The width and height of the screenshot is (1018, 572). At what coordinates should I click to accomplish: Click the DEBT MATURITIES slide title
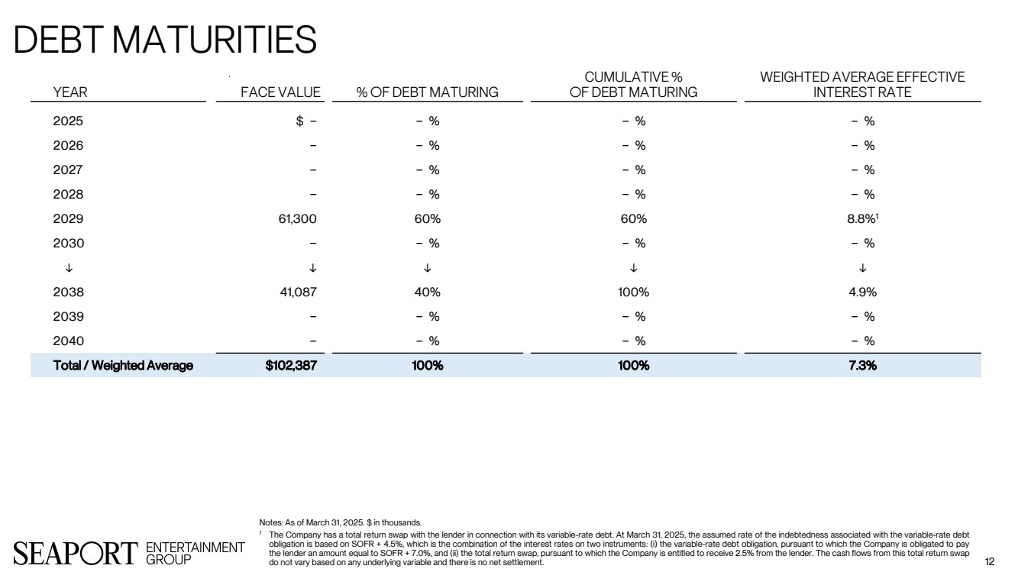point(165,40)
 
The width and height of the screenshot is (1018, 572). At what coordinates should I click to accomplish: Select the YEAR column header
point(70,92)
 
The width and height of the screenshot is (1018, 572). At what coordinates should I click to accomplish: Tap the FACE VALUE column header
point(280,92)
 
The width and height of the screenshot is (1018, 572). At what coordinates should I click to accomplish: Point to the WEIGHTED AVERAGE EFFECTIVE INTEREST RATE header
point(862,85)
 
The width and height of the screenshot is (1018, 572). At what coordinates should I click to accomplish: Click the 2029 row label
point(68,219)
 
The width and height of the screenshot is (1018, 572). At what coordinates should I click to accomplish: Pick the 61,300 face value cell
point(296,219)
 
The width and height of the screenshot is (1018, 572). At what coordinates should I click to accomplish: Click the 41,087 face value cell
point(296,292)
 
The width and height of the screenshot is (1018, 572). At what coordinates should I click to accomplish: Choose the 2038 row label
point(68,292)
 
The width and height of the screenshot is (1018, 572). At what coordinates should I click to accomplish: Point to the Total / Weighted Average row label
point(123,365)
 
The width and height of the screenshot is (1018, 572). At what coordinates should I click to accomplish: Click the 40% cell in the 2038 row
point(428,292)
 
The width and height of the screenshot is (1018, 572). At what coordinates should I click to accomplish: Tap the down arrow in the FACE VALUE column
point(312,267)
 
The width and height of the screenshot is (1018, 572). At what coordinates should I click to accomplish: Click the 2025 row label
point(68,121)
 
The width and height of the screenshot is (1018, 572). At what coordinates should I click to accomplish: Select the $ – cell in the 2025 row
point(305,121)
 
